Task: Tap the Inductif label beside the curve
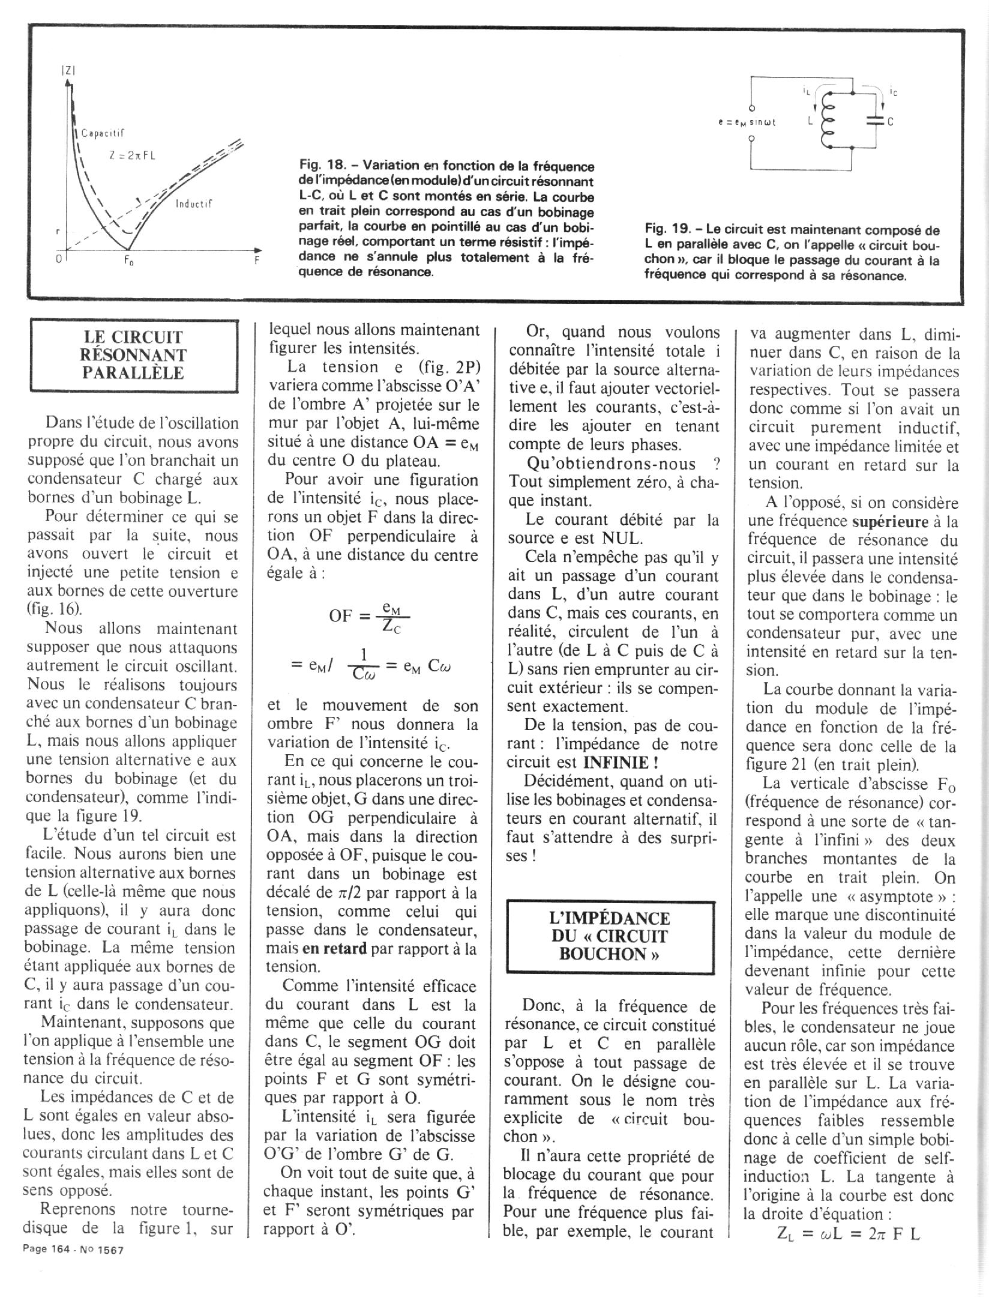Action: (x=194, y=204)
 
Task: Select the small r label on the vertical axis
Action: (x=58, y=231)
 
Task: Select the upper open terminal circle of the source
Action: (x=751, y=108)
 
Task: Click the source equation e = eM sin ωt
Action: (x=747, y=122)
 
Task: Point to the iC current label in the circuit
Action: (x=894, y=92)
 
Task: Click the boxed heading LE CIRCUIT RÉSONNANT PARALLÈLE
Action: (x=133, y=355)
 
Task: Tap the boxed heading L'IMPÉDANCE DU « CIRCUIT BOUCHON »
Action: (x=610, y=936)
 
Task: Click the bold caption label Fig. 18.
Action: (x=322, y=166)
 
